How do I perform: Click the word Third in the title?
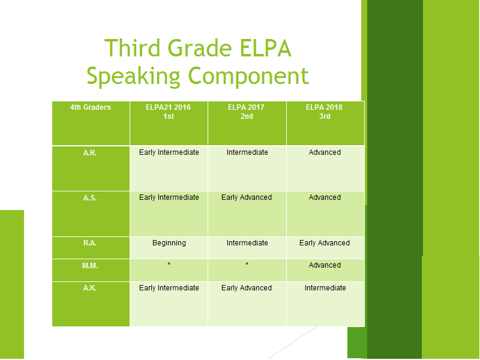tap(132, 48)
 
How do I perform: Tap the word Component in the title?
tap(248, 76)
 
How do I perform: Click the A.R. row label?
tap(90, 153)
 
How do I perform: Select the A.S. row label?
tap(90, 198)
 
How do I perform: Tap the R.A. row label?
tap(90, 243)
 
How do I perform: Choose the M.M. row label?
tap(90, 266)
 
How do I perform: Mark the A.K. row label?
tap(90, 288)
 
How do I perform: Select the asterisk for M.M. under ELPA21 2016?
tap(169, 264)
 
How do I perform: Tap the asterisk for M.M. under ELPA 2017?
tap(247, 264)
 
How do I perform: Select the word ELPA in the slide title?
tap(265, 48)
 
